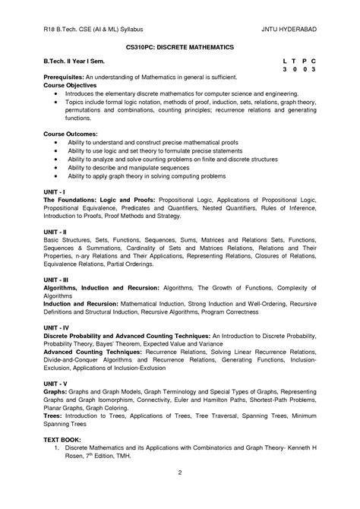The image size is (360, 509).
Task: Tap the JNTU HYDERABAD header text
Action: pos(289,29)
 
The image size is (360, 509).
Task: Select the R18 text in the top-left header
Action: pos(50,29)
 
